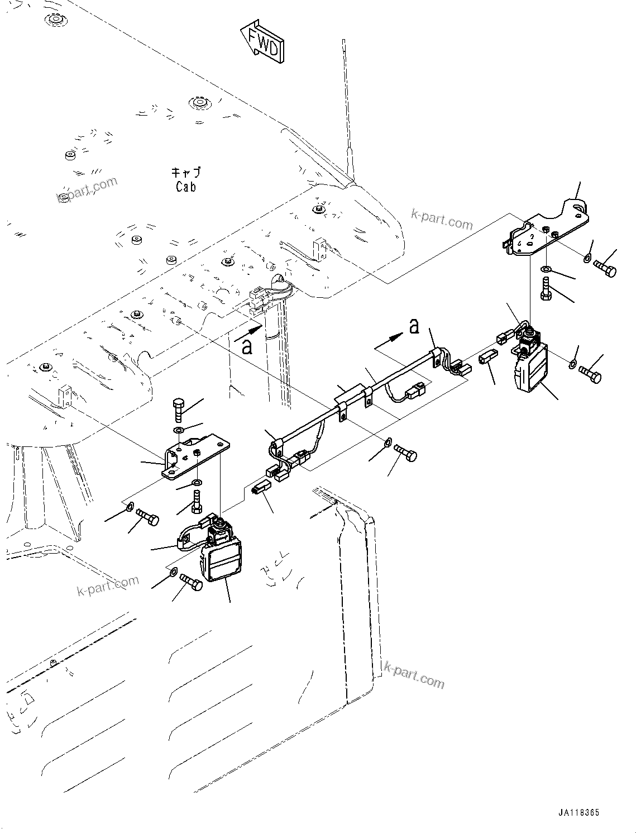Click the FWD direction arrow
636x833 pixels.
[262, 40]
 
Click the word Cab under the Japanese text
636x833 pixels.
[185, 187]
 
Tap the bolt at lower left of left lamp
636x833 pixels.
[192, 583]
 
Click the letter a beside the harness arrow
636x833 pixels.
[414, 326]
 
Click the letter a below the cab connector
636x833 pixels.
[246, 347]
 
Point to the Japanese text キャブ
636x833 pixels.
[185, 173]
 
